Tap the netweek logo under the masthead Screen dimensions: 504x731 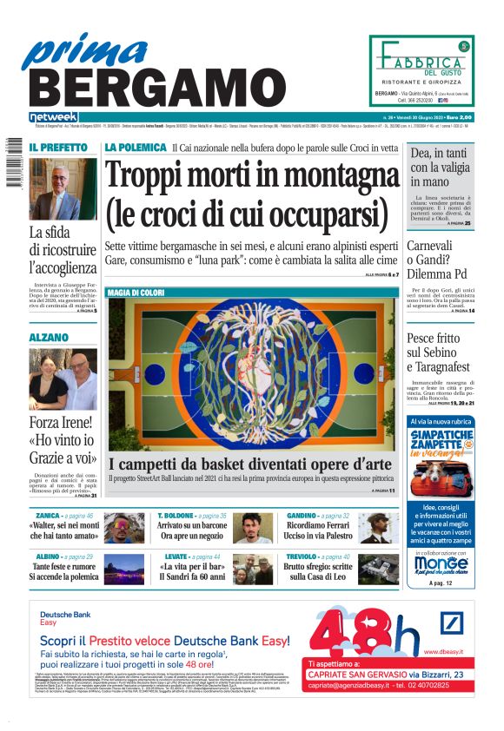(54, 117)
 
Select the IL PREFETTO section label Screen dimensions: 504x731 (56, 148)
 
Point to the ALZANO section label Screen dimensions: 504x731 (49, 337)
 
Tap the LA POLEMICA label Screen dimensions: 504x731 (135, 148)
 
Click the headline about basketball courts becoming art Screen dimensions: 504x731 (250, 464)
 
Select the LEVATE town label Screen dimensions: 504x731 (176, 556)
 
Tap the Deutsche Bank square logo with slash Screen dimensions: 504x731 (452, 625)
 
